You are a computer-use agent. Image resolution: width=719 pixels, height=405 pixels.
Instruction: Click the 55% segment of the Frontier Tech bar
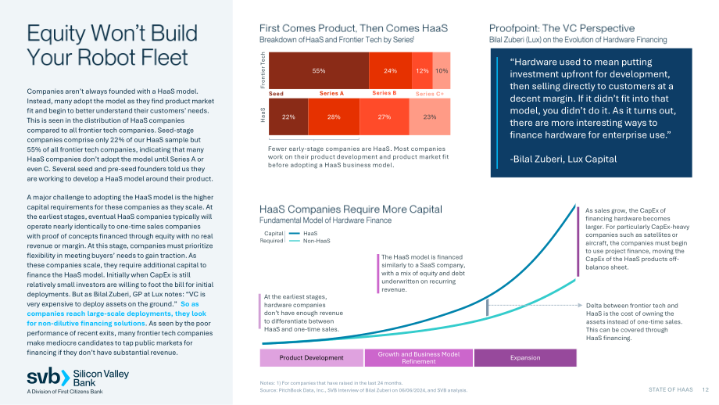coord(319,70)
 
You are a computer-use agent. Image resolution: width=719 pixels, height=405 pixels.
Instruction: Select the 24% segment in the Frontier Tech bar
coord(390,70)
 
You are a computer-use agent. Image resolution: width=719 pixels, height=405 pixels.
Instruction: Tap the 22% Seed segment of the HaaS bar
coord(288,117)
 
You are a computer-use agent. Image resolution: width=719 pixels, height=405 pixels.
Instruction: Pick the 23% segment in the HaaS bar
coord(430,117)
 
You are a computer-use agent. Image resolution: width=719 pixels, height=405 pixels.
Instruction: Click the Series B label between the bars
coord(385,93)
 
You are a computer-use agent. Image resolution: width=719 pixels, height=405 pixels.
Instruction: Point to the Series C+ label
coord(430,94)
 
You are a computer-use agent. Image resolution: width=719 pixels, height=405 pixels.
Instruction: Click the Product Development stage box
coord(311,358)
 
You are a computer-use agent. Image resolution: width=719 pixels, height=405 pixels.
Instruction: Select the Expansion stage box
coord(525,358)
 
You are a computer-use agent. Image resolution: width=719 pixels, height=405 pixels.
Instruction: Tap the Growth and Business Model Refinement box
coord(419,358)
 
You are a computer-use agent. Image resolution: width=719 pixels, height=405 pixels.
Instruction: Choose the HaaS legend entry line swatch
coord(295,234)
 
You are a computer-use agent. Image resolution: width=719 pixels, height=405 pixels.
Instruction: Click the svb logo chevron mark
coord(65,378)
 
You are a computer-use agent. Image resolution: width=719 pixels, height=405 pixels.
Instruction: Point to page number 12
coord(705,389)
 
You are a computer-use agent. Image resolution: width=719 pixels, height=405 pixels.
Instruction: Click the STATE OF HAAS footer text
coord(671,389)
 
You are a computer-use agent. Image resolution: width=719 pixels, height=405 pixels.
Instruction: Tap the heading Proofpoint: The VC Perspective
coord(562,28)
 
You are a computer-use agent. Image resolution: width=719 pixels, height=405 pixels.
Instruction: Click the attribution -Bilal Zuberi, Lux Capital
coord(563,159)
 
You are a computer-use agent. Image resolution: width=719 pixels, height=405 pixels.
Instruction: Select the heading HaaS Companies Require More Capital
coord(351,210)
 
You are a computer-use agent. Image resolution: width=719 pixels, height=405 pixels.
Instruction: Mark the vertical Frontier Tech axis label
coord(263,70)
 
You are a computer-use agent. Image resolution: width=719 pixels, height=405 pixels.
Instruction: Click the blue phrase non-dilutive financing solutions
coord(86,324)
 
